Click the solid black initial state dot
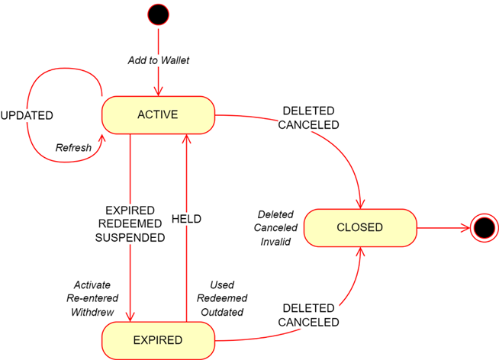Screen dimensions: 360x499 coord(159,14)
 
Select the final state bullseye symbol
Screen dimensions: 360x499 coord(483,227)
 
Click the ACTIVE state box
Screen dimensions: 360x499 coord(158,115)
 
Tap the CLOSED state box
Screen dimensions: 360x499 coord(360,227)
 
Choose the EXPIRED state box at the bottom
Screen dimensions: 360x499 coord(158,340)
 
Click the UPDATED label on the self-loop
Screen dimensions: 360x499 coord(27,116)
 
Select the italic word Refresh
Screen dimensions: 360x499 coord(73,148)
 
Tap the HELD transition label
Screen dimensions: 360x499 coord(186,219)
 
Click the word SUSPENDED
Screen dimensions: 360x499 coord(130,237)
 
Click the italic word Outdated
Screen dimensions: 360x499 coord(221,312)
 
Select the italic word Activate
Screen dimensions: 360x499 coord(92,285)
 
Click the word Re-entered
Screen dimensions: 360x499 coord(92,298)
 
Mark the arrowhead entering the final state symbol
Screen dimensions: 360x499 coord(467,227)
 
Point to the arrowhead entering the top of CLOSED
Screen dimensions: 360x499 coord(359,204)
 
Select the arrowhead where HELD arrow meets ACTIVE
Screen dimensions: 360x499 coord(185,140)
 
